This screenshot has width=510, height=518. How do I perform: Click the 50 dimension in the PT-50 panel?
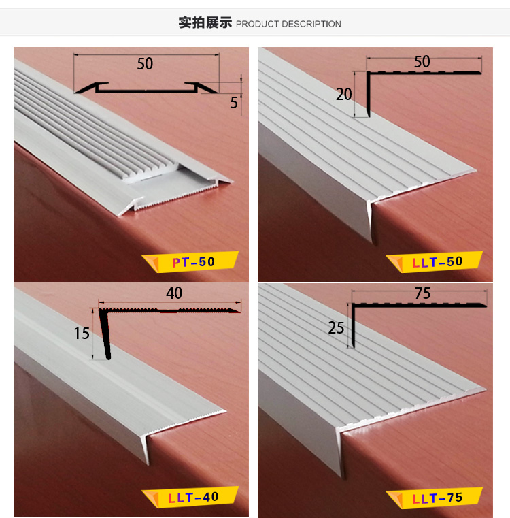(x=145, y=64)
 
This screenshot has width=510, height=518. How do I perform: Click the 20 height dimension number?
(x=344, y=94)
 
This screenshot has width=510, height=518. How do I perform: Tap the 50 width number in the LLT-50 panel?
(x=422, y=62)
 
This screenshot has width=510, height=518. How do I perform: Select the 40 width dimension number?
(x=174, y=293)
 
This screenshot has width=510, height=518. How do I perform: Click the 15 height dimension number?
(x=82, y=334)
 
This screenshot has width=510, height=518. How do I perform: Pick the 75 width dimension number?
(x=422, y=293)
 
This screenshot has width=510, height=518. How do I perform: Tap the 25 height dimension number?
(x=336, y=328)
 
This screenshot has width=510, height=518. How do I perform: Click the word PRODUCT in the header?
(x=257, y=24)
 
